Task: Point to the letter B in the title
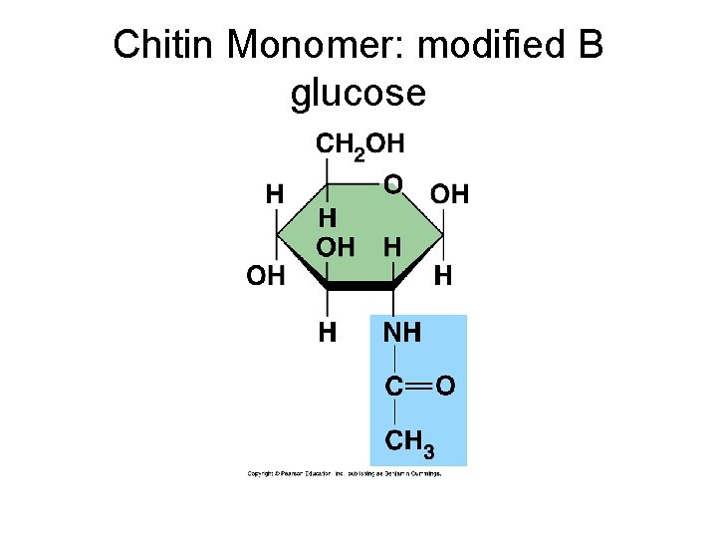[x=589, y=46]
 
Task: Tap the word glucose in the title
[x=358, y=94]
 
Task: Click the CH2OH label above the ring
[x=360, y=144]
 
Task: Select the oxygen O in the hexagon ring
[x=393, y=184]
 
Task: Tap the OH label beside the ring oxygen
[x=449, y=194]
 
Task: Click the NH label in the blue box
[x=403, y=333]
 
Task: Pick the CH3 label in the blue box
[x=409, y=441]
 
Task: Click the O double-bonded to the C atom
[x=446, y=385]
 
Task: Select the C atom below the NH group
[x=394, y=386]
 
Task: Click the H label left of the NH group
[x=327, y=333]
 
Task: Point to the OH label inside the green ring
[x=335, y=247]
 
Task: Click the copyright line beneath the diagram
[x=345, y=473]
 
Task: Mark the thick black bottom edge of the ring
[x=359, y=286]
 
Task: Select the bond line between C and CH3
[x=394, y=411]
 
